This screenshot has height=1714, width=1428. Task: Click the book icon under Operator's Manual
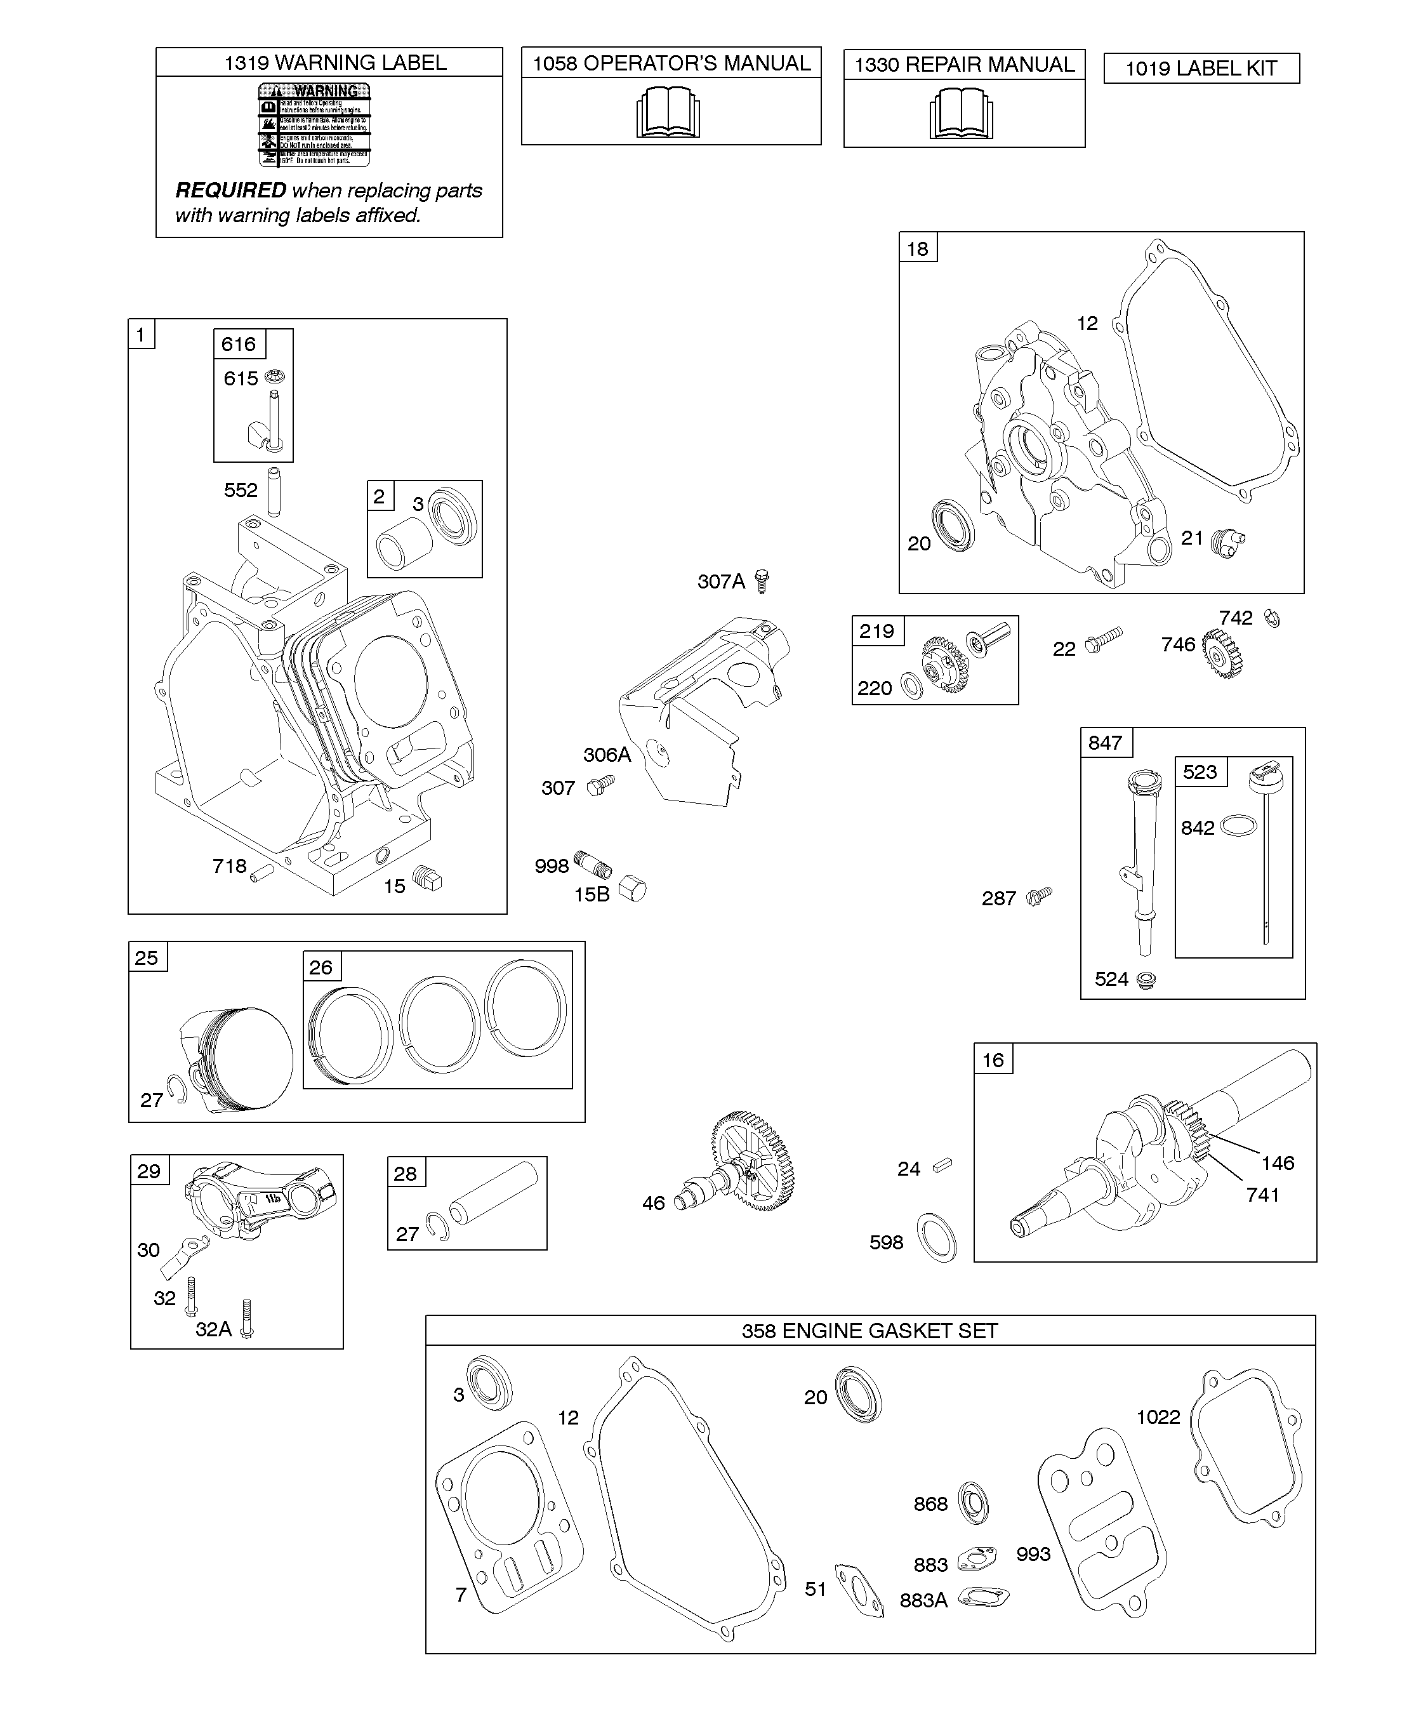coord(668,114)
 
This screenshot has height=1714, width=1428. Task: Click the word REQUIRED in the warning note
coord(231,190)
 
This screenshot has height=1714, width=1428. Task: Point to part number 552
coord(241,489)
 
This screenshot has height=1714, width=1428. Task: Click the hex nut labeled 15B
coord(632,888)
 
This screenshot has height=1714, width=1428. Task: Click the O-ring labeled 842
coord(1238,826)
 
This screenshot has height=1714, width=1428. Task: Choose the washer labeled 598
coord(937,1237)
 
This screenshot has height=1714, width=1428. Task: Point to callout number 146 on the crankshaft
coord(1278,1162)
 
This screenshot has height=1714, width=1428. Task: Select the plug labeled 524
coord(1146,980)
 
